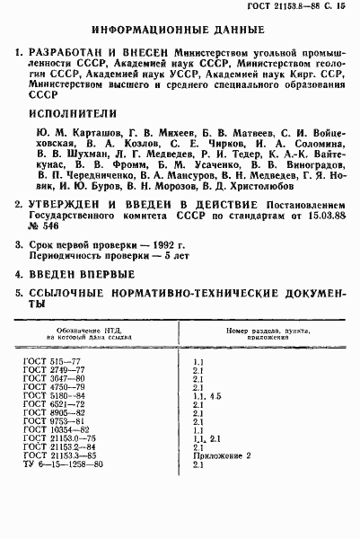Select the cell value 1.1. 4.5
point(206,395)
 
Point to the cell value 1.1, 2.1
point(206,439)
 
